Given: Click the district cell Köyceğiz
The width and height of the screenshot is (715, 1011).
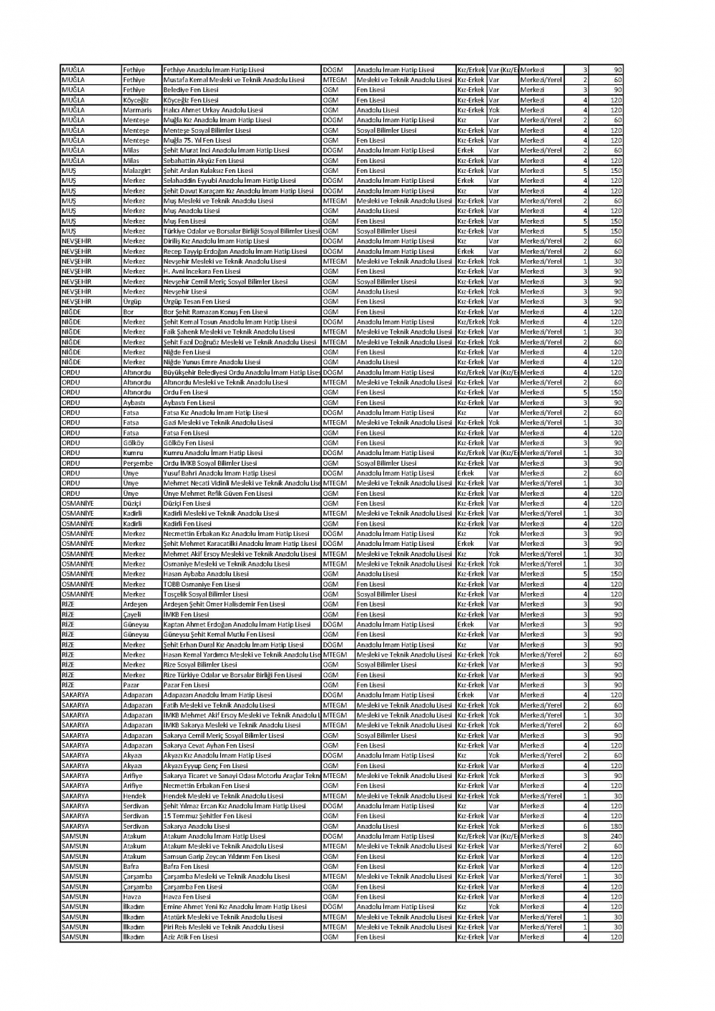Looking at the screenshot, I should point(135,100).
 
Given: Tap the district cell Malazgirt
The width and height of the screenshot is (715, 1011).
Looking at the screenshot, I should point(137,171).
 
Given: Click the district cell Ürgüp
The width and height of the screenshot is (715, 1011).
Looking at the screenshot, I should point(132,302).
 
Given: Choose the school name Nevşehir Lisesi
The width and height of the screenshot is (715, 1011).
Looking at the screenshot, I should point(184,292).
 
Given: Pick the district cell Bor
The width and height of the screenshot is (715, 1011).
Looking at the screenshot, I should point(128,312).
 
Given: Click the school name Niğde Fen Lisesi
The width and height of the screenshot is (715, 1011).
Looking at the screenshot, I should point(187,352).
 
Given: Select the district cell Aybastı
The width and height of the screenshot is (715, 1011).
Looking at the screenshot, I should point(134,402).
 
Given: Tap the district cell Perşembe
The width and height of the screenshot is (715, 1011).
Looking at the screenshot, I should point(138,463).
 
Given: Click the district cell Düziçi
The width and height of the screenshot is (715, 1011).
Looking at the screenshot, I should point(132,503).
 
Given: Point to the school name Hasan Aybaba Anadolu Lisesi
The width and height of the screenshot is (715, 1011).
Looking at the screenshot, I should point(206,574).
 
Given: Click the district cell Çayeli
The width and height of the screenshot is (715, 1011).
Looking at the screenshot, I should point(132,614).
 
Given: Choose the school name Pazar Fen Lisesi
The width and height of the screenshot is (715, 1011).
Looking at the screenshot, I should point(186,684).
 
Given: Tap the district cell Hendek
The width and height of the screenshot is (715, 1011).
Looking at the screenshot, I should point(134,796).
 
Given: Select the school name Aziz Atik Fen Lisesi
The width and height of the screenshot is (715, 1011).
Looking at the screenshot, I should point(190,937).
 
